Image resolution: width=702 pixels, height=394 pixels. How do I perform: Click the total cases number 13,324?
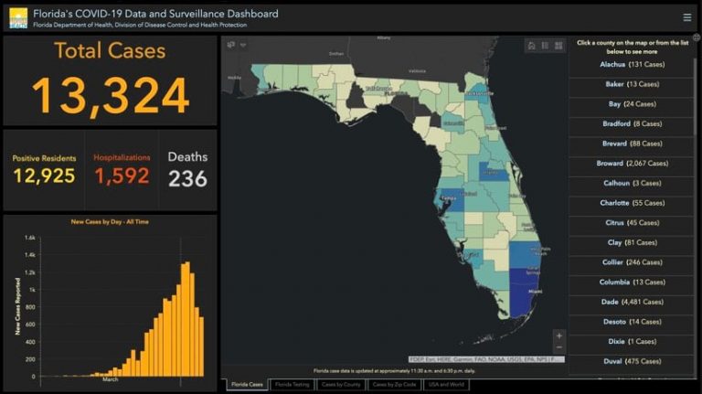110,95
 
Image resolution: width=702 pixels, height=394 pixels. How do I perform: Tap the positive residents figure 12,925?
44,176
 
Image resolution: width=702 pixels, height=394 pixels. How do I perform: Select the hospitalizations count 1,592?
121,176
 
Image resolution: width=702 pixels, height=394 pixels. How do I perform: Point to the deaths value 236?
187,177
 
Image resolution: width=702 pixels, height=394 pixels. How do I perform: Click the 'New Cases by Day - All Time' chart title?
110,222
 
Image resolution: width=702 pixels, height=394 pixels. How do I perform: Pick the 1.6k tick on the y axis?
30,238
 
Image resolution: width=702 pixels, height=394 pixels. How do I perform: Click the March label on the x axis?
110,379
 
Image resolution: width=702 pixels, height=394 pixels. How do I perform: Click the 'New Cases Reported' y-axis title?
16,306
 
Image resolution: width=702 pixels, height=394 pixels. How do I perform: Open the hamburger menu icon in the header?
686,17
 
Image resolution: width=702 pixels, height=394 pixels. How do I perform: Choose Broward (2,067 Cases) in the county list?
631,164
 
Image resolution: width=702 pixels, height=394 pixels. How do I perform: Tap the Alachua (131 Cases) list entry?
631,65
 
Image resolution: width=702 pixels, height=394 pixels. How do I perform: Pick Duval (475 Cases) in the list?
631,361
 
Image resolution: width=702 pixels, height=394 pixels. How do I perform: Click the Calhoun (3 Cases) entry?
631,183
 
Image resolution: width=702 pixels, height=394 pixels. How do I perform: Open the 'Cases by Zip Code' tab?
394,385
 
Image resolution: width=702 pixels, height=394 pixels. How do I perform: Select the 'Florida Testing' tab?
292,385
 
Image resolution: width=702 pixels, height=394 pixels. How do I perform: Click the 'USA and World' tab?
447,385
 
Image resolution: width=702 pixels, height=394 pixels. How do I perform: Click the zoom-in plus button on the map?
559,335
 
